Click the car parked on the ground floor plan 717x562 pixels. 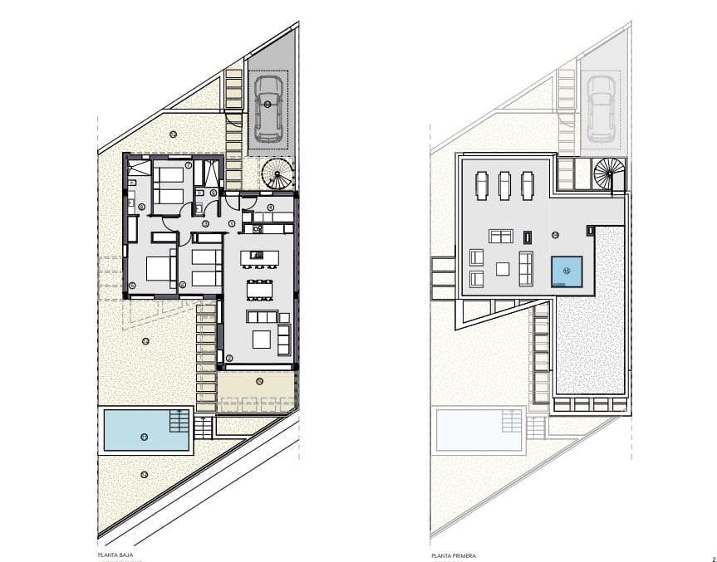tap(268, 108)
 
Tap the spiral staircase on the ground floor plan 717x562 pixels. tap(277, 173)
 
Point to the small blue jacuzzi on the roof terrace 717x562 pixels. tap(567, 270)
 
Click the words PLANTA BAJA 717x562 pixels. tap(115, 553)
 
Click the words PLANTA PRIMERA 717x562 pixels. tap(454, 553)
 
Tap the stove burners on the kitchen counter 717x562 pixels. tap(258, 228)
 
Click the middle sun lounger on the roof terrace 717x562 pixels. tap(503, 184)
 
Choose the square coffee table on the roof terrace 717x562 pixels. tap(503, 268)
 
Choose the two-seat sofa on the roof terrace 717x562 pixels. tap(502, 236)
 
